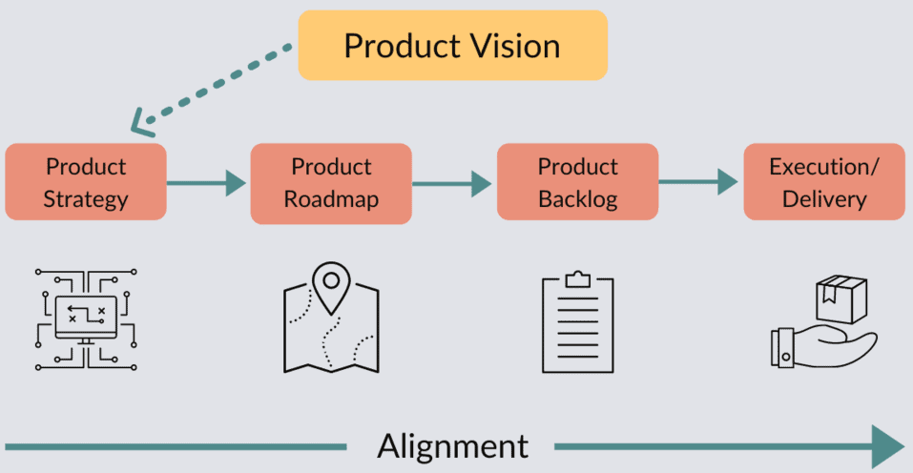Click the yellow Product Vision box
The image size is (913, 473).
pyautogui.click(x=452, y=45)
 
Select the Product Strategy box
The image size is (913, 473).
pyautogui.click(x=86, y=182)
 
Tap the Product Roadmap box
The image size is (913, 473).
pyautogui.click(x=331, y=182)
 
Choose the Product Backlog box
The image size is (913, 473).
pyautogui.click(x=577, y=182)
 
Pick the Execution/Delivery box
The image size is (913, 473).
pyautogui.click(x=824, y=182)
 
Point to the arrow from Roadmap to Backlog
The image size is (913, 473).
pyautogui.click(x=454, y=182)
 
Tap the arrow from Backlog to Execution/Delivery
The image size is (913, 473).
pyautogui.click(x=700, y=182)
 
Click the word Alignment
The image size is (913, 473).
pyautogui.click(x=452, y=445)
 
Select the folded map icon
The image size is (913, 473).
pyautogui.click(x=330, y=329)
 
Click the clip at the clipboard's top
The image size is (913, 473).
pyautogui.click(x=577, y=279)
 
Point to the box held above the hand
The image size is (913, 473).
pyautogui.click(x=841, y=298)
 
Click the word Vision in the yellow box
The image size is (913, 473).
pyautogui.click(x=516, y=46)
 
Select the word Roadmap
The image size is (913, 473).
pyautogui.click(x=331, y=199)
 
